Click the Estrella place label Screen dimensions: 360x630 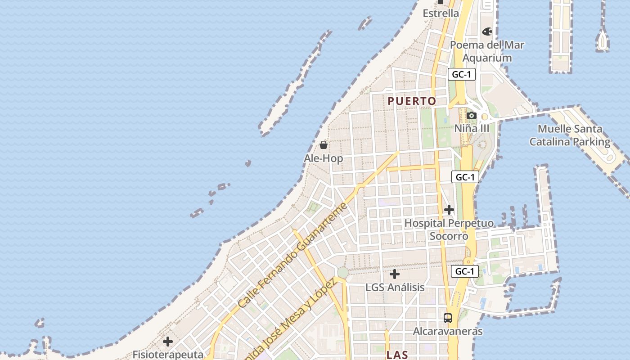(x=441, y=13)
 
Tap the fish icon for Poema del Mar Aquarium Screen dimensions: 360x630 (x=487, y=31)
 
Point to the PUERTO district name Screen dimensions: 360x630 (x=412, y=101)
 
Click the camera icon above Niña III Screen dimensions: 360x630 (x=472, y=116)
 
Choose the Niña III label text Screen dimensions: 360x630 (x=471, y=128)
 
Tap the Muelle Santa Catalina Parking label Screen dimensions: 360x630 (x=570, y=135)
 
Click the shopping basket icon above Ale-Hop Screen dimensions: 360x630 (x=323, y=145)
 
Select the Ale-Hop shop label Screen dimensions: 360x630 (x=323, y=158)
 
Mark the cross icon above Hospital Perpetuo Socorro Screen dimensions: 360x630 (x=449, y=210)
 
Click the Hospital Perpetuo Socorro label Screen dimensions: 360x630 (x=449, y=229)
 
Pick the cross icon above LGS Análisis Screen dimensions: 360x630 (x=395, y=274)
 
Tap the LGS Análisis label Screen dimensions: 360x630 (x=395, y=287)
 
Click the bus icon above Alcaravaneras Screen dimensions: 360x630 (x=448, y=318)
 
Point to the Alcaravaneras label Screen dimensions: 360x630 (x=448, y=331)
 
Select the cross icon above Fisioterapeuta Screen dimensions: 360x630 (x=168, y=342)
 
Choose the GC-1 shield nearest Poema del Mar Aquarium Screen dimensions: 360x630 (x=461, y=74)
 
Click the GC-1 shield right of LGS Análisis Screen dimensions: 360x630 (x=464, y=271)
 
